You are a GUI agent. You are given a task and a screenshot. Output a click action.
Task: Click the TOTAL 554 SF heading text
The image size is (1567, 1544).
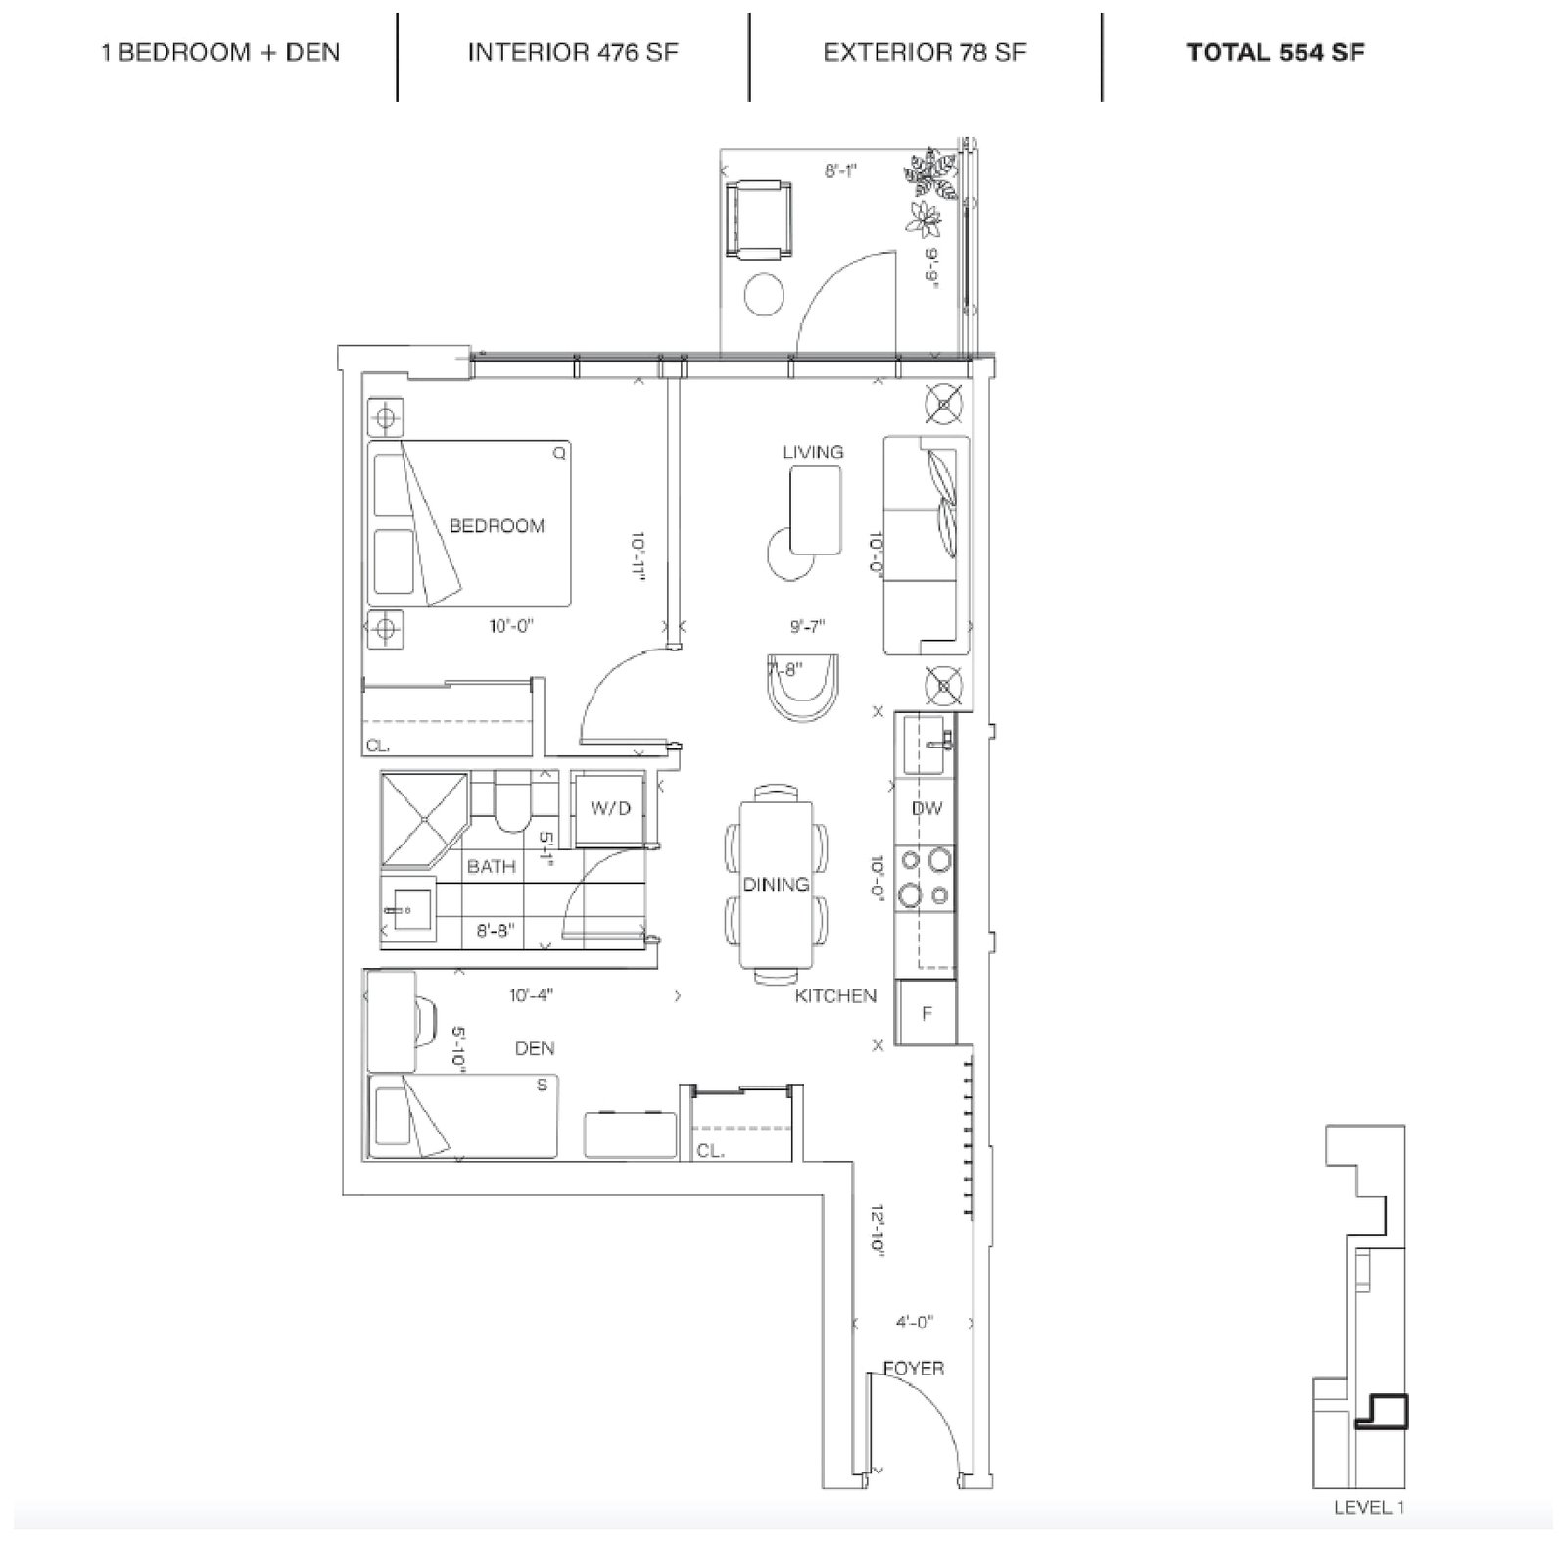point(1275,53)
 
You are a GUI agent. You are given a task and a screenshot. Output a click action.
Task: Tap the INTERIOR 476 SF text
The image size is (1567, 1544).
point(573,53)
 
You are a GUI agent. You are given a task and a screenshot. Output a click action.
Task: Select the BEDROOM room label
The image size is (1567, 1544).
point(497,526)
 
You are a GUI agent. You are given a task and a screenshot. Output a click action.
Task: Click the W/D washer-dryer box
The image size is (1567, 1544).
point(610,809)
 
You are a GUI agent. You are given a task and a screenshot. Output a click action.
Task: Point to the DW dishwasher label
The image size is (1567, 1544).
point(926,808)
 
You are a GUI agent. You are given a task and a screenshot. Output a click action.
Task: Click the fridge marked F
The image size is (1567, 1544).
point(926,1013)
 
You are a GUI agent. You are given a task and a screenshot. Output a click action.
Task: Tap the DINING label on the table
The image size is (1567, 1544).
point(776,885)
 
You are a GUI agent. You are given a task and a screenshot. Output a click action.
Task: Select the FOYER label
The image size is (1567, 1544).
point(914,1368)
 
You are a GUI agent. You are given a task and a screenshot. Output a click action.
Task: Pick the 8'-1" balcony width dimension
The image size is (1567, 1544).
point(840,171)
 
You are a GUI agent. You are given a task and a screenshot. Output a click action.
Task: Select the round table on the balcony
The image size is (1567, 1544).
point(764,294)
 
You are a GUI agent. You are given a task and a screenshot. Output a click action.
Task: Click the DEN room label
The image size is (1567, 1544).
point(535,1048)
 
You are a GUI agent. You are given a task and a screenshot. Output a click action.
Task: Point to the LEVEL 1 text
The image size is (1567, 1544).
point(1369,1508)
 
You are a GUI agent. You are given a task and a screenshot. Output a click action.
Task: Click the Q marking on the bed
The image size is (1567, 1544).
point(559,454)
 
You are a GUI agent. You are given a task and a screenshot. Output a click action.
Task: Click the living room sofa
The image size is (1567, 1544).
point(926,546)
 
